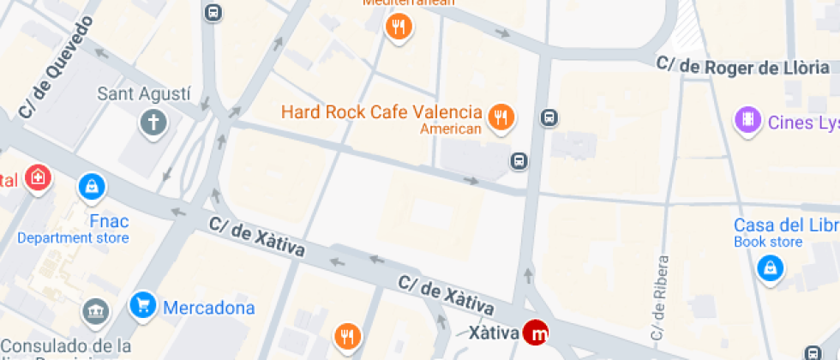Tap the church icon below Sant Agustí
coord(153,123)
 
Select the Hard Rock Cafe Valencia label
coord(381,111)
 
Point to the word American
coord(450,129)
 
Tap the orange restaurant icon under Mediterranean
coord(398,27)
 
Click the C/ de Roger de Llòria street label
coord(742,66)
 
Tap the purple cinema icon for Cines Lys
coord(748,120)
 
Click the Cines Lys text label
coord(802,123)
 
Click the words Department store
coord(73,238)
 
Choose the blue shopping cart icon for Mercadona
coord(142,305)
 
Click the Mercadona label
coord(208,308)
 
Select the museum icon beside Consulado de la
coord(95,312)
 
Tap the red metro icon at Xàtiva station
coord(538,333)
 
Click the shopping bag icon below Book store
coord(771,269)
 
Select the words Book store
coord(768,242)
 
